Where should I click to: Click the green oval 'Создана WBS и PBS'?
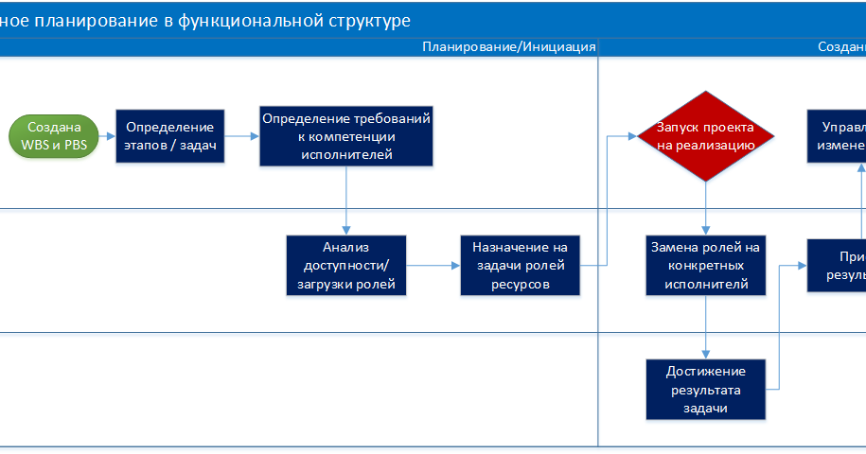click(x=54, y=136)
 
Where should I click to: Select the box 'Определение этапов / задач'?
click(x=170, y=136)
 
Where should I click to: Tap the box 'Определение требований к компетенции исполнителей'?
click(x=345, y=136)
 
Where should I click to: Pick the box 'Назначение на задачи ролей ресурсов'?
click(x=519, y=266)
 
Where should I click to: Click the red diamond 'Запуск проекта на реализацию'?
click(x=705, y=136)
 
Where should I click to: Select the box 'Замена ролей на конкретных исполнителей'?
click(x=705, y=266)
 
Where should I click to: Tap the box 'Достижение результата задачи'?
click(x=705, y=388)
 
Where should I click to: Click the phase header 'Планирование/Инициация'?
click(x=509, y=46)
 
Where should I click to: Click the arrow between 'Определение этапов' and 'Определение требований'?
click(x=242, y=136)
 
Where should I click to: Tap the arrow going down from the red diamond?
click(x=705, y=208)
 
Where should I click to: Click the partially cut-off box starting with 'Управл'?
click(x=837, y=136)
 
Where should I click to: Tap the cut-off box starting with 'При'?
click(x=837, y=266)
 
